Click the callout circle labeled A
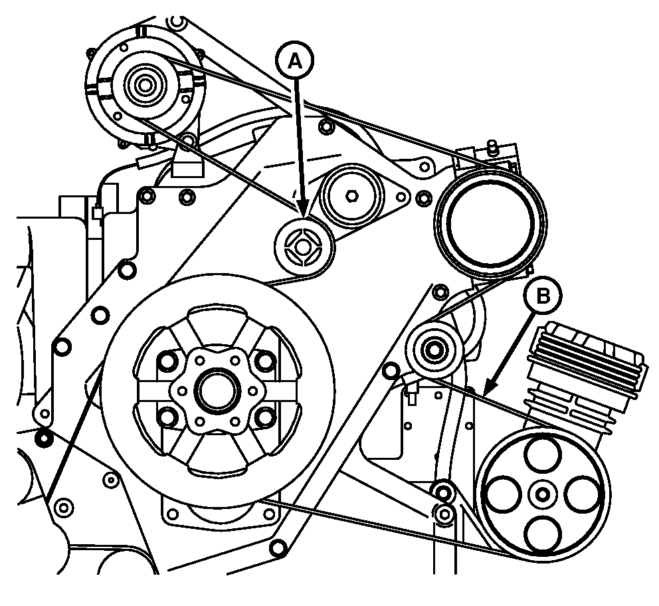coord(295,60)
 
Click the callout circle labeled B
coord(543,296)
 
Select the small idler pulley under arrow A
coord(304,247)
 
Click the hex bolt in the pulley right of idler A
coord(351,196)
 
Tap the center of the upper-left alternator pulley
coord(145,85)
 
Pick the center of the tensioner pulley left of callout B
coord(433,349)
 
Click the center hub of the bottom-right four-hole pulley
coord(542,494)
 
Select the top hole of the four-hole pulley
coord(543,454)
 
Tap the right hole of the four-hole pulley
coord(582,494)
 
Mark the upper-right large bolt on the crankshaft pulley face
coord(266,361)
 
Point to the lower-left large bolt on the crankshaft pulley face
coord(167,417)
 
